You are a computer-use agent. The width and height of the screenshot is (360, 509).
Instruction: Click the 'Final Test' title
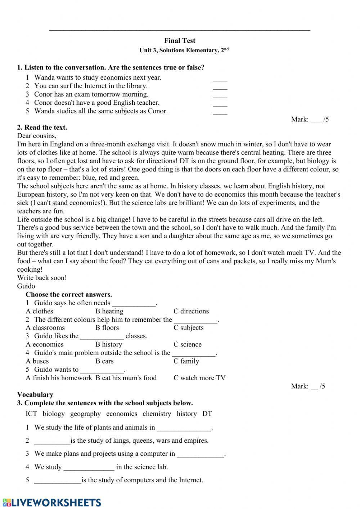click(x=180, y=41)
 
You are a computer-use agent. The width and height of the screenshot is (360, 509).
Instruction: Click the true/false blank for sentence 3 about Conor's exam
click(x=220, y=95)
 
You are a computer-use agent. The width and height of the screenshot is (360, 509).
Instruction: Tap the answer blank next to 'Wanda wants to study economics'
click(x=220, y=79)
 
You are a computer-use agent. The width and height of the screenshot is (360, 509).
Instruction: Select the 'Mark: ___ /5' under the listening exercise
click(x=310, y=120)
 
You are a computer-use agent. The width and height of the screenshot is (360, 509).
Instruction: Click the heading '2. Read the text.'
click(x=42, y=128)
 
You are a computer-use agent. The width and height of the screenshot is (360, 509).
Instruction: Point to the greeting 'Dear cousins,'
click(x=37, y=136)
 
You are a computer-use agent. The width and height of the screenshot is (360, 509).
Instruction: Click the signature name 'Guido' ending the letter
click(x=26, y=286)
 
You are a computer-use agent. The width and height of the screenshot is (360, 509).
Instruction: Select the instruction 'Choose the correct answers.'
click(x=69, y=294)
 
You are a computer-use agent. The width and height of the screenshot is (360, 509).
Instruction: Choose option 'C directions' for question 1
click(x=191, y=311)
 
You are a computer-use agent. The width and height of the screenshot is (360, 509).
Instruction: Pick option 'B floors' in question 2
click(x=107, y=328)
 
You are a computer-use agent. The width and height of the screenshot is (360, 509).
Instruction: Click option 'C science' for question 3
click(x=188, y=344)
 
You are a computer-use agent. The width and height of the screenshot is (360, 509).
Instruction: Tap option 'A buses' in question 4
click(x=37, y=361)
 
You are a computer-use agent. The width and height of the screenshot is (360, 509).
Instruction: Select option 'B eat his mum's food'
click(x=126, y=378)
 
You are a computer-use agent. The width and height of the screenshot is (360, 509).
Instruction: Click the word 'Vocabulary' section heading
click(x=35, y=394)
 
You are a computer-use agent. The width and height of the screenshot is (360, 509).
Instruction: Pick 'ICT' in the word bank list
click(x=31, y=414)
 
